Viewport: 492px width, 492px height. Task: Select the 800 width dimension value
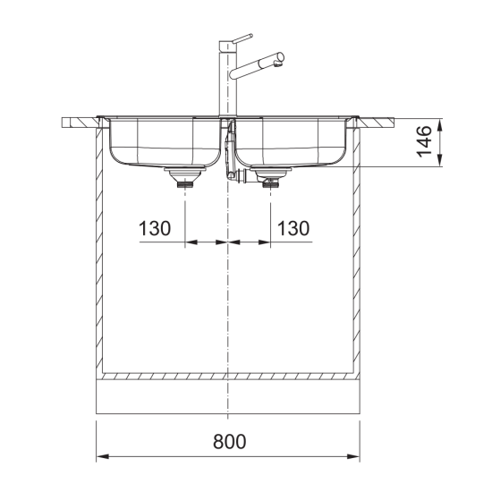pos(228,441)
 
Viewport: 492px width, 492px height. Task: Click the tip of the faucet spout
pos(282,60)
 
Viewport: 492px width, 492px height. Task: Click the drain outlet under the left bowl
pos(185,179)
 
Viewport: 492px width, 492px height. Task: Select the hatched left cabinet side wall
pos(100,250)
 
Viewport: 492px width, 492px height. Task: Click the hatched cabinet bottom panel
pos(228,377)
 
